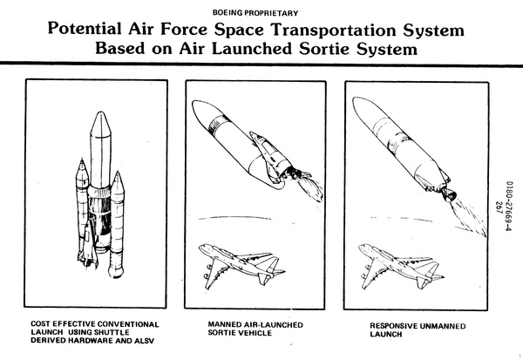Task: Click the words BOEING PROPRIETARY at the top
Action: click(x=261, y=12)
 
